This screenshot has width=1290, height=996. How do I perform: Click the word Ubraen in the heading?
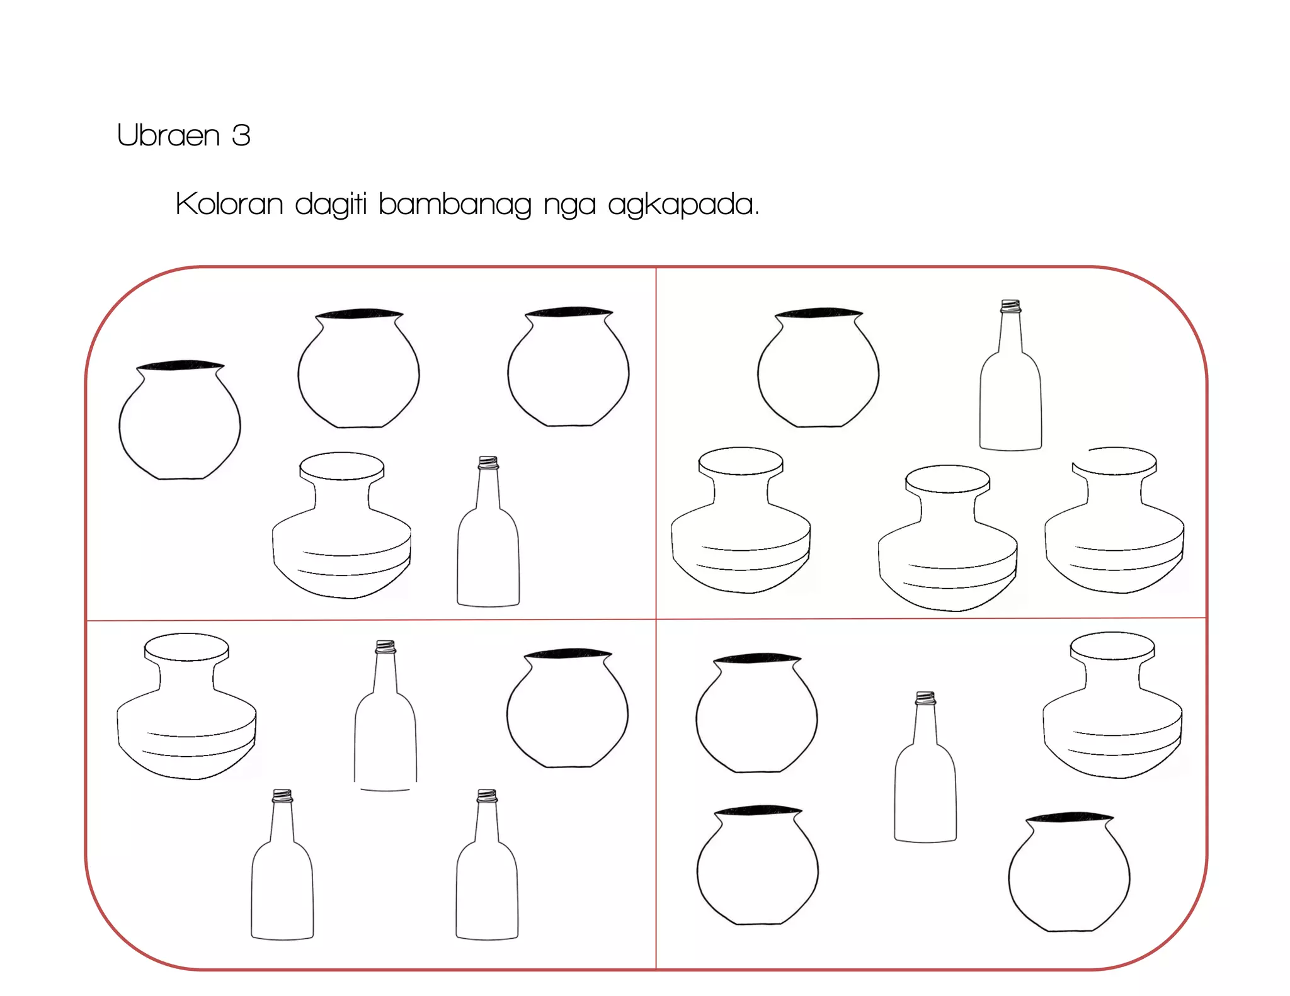pyautogui.click(x=168, y=135)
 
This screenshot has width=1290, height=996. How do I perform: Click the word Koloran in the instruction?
pyautogui.click(x=229, y=204)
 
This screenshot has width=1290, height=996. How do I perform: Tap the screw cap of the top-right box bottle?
pyautogui.click(x=1010, y=307)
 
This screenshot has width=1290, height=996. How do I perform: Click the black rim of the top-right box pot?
pyautogui.click(x=818, y=313)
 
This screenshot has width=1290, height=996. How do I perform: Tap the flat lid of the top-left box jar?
pyautogui.click(x=341, y=466)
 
